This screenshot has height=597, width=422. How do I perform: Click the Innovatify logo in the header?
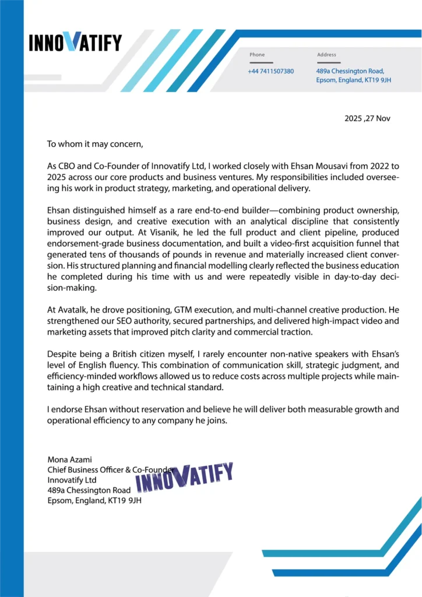tap(75, 42)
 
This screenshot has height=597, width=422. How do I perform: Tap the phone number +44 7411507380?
tap(270, 71)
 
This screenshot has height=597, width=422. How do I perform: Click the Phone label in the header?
tap(257, 55)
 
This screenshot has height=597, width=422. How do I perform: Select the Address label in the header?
tap(326, 55)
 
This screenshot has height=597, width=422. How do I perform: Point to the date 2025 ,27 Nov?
tap(367, 118)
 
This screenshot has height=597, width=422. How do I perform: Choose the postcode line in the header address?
tap(354, 80)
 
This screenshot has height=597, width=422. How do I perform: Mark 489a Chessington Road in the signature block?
tap(89, 490)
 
